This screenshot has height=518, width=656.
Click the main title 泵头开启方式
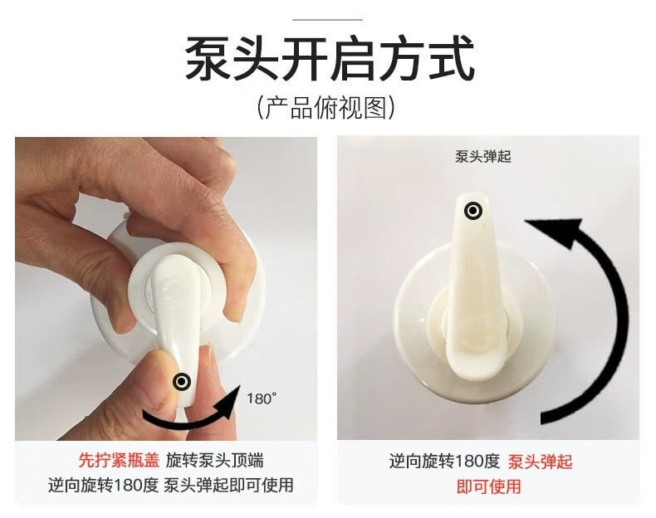tap(330, 58)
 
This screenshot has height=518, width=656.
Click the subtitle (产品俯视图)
tap(326, 108)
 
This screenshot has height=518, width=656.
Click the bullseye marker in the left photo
tap(183, 381)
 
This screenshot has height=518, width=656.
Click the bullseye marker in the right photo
tap(472, 211)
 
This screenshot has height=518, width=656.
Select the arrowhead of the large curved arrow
tap(559, 232)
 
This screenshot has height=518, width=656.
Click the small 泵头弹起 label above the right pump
tap(482, 157)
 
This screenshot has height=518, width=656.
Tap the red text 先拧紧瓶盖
tap(120, 460)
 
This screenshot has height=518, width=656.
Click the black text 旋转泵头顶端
tap(214, 460)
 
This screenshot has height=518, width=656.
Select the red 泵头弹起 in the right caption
tap(540, 462)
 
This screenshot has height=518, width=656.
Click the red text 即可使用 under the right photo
tap(488, 486)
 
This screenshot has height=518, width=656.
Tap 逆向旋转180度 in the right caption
tap(445, 462)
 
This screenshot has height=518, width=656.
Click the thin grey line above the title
tap(327, 19)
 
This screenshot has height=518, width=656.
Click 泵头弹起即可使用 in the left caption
tap(228, 485)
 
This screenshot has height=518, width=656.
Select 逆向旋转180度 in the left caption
tap(103, 485)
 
